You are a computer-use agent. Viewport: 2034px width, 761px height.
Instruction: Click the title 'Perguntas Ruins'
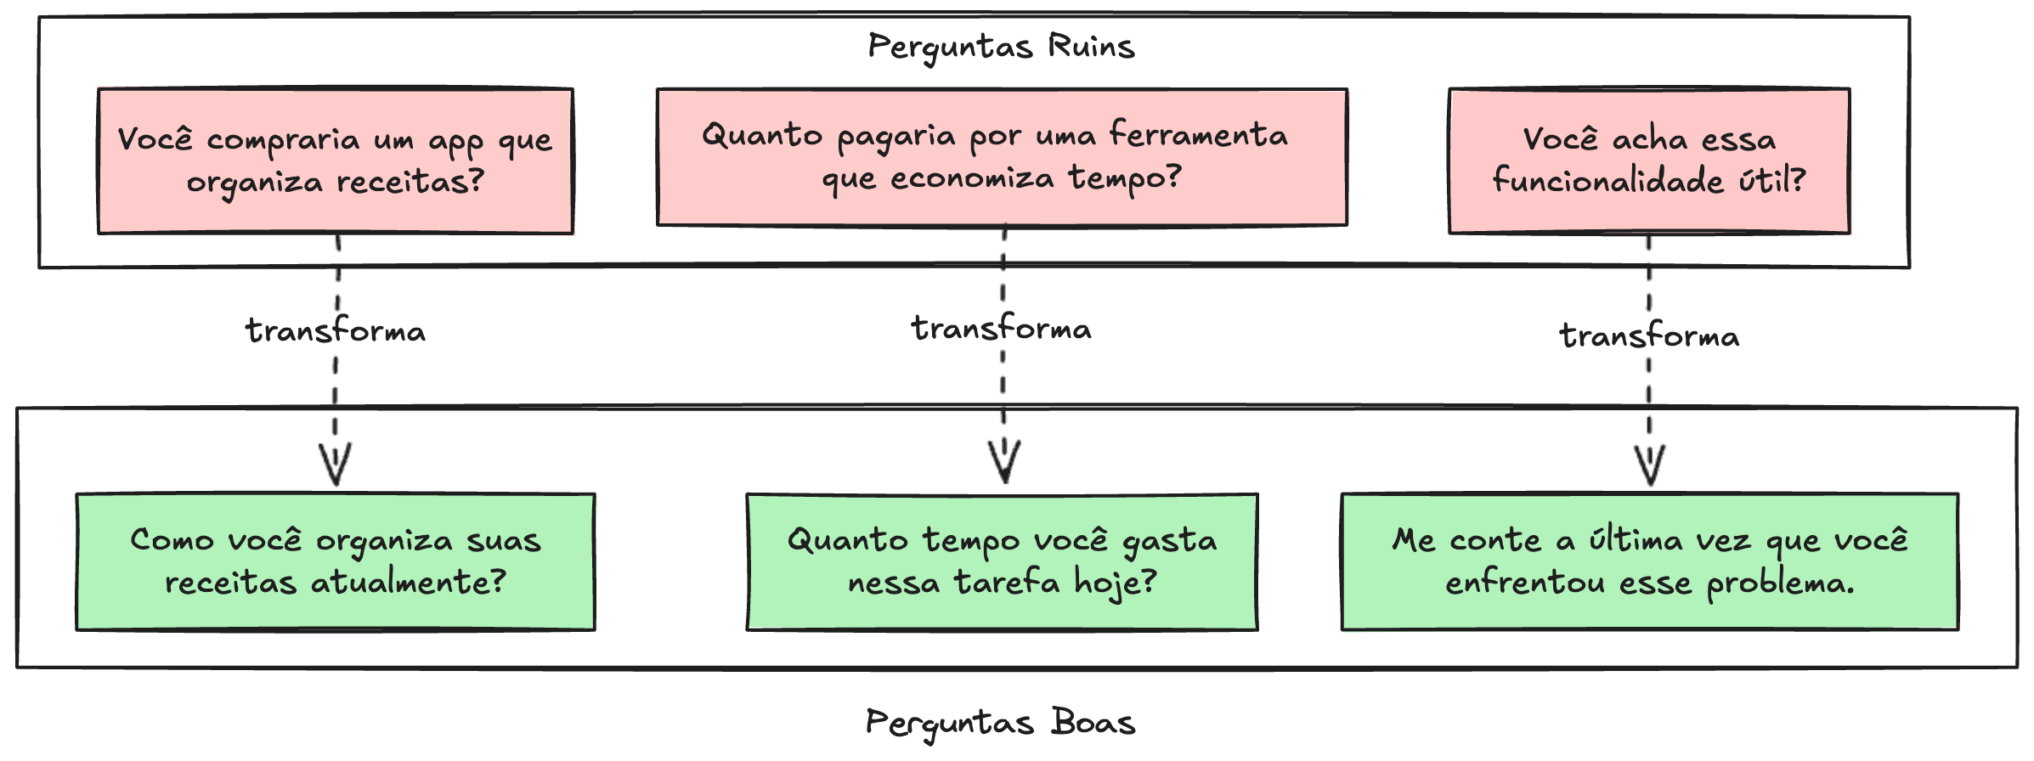[1001, 47]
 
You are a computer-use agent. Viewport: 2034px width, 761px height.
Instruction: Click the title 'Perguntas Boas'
[1001, 723]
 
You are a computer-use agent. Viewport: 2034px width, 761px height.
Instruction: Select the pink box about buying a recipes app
[336, 161]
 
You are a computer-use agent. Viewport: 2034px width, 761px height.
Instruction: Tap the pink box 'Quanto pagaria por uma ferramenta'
[1002, 157]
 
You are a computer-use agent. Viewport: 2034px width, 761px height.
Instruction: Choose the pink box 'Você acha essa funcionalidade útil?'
[1648, 161]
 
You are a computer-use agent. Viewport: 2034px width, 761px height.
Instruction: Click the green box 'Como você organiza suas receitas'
[336, 561]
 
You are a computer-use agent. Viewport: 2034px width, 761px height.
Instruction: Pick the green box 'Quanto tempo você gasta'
[1002, 561]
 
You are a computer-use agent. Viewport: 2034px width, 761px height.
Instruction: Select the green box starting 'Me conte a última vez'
[1649, 561]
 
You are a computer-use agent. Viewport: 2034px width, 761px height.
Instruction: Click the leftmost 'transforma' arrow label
[336, 330]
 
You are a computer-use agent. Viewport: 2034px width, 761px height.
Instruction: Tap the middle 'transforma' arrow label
[1002, 328]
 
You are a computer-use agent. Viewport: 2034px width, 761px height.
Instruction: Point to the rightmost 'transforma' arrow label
[1649, 335]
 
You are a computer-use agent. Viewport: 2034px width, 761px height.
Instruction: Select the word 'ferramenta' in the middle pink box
[1198, 135]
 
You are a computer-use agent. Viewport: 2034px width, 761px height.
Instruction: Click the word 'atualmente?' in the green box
[408, 583]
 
